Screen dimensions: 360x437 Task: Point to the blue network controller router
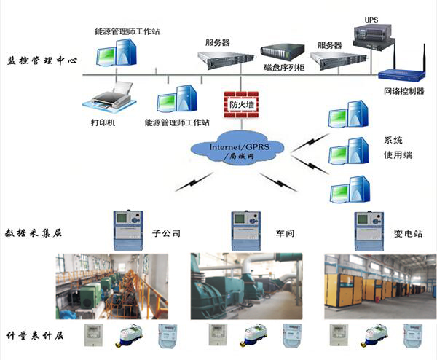[x=401, y=72]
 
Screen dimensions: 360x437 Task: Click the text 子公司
[x=165, y=234]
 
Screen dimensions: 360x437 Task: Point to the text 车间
[x=286, y=234]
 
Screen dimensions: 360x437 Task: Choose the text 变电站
[x=409, y=234]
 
